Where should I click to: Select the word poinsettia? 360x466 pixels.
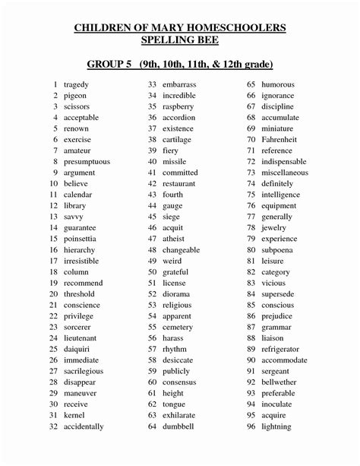(x=83, y=239)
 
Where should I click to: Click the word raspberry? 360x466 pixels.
(x=178, y=106)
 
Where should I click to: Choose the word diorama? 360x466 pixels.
(x=176, y=294)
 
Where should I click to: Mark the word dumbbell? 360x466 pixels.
(x=178, y=426)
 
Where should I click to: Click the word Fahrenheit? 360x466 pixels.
(x=279, y=140)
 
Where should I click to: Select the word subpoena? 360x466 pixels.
(x=277, y=250)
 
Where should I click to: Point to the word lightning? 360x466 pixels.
(x=276, y=426)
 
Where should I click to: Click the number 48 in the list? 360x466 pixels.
(x=152, y=250)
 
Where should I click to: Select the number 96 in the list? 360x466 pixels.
(x=251, y=426)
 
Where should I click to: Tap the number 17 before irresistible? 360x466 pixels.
(x=53, y=261)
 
